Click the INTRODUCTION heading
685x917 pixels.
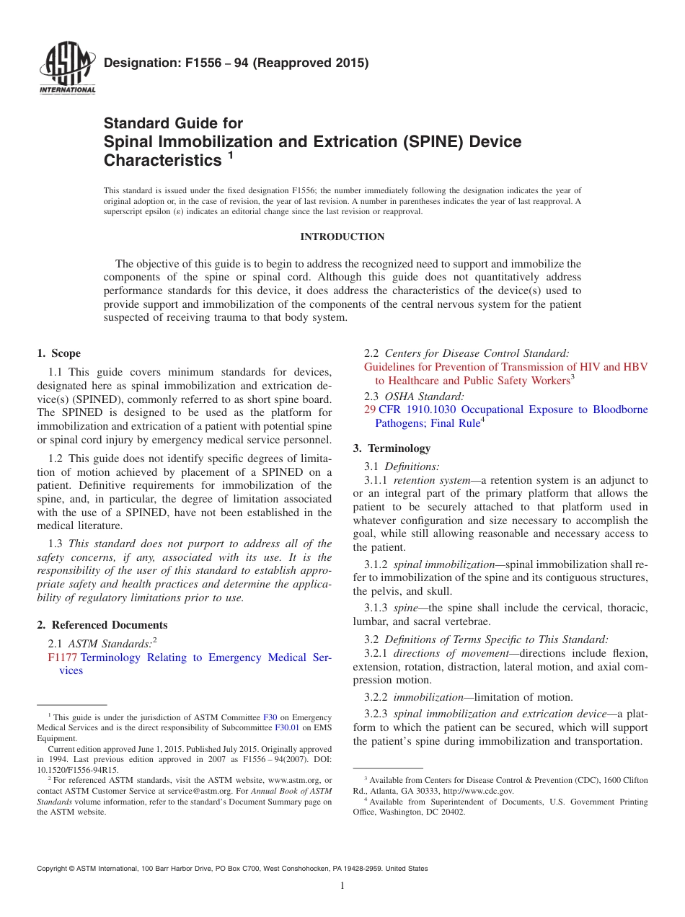tap(342, 236)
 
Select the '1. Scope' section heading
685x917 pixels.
tap(59, 353)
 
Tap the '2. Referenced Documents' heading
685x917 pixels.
tap(102, 625)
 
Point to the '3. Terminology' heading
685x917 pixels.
tap(392, 448)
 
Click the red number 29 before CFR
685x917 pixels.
tap(370, 409)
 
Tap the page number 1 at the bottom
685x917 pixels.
tap(342, 885)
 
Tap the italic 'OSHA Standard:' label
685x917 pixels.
tap(425, 396)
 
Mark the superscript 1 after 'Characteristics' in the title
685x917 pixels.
tap(231, 154)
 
